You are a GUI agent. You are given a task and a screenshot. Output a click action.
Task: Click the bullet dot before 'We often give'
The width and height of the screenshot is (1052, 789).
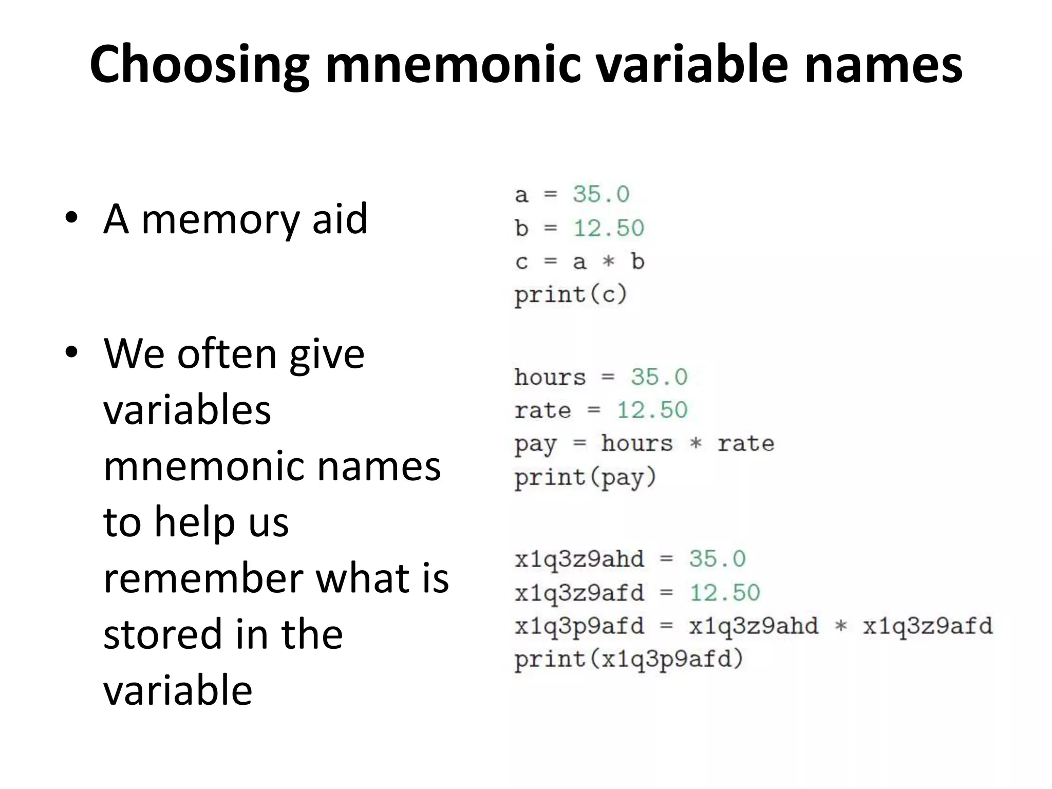pos(71,353)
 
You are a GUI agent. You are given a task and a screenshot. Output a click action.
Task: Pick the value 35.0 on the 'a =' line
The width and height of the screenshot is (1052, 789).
pos(601,195)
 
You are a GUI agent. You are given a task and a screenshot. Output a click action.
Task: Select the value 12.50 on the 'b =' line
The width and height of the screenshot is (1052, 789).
pos(609,228)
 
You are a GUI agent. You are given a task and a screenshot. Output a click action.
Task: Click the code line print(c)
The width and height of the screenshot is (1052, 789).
pos(571,295)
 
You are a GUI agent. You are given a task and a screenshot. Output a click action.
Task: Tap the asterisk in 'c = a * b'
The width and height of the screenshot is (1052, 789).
pos(609,261)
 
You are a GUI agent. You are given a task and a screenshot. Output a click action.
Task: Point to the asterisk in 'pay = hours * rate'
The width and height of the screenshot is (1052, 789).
pos(696,443)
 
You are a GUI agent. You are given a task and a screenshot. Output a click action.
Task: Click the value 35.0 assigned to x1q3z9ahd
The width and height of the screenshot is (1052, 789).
pos(717,559)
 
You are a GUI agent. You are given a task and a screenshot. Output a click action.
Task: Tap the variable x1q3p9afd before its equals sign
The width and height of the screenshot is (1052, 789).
pos(579,626)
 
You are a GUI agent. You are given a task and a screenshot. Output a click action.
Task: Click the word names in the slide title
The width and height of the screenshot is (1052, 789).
pos(883,65)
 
